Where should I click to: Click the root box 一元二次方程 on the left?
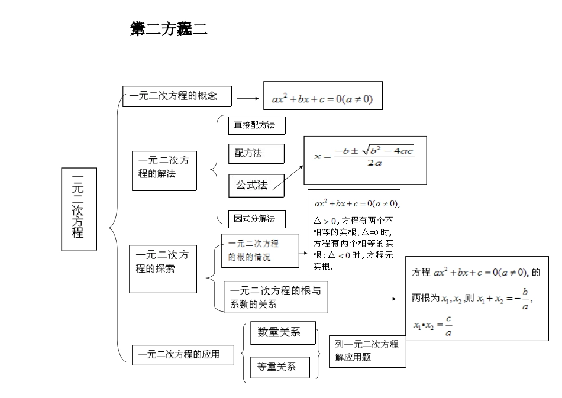point(79,209)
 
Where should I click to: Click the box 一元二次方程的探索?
point(163,269)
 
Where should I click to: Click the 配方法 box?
point(256,153)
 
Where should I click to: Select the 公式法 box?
point(256,185)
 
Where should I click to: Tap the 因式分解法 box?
point(256,218)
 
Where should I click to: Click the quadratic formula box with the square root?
point(364,160)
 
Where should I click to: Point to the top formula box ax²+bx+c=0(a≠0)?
point(322,99)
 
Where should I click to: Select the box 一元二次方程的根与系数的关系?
point(275,297)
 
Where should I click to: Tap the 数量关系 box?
point(283,332)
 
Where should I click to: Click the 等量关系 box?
point(280,367)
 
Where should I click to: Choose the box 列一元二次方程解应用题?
point(367,351)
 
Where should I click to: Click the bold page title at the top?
point(169,30)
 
